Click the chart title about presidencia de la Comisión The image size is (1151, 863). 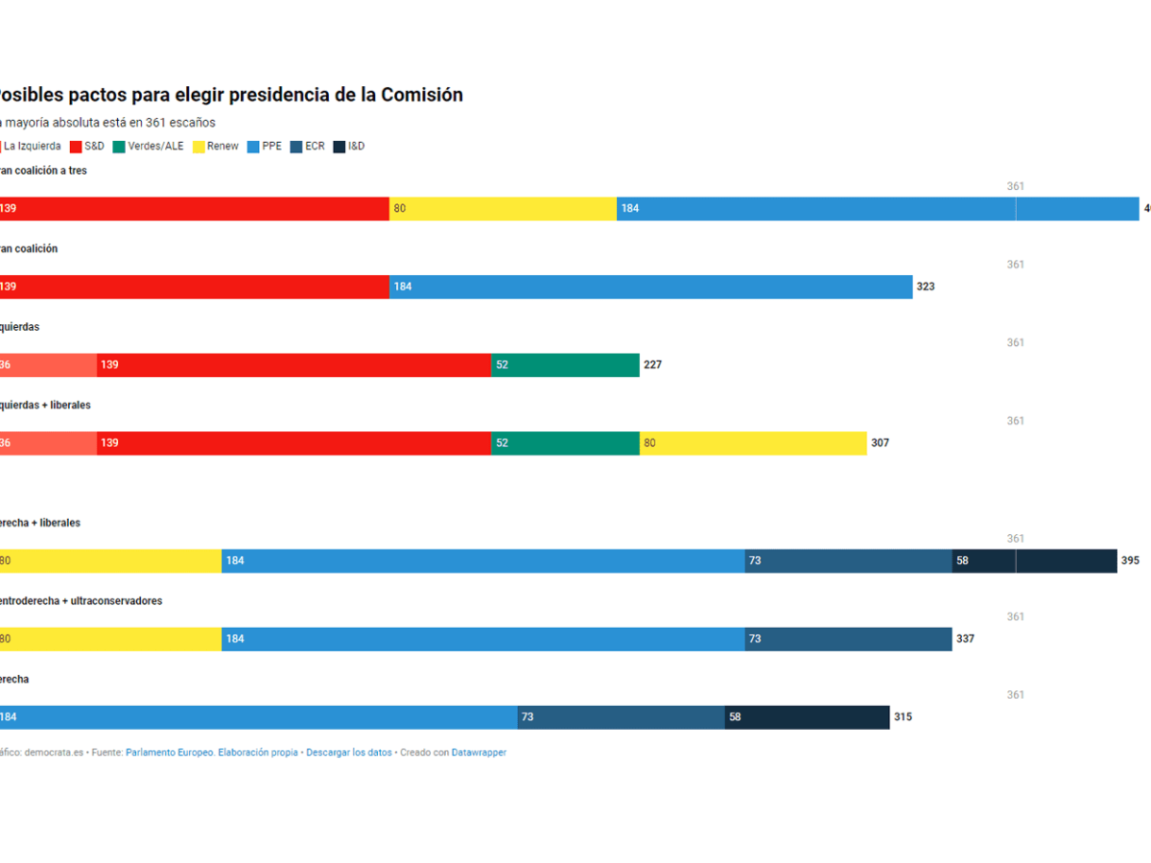click(230, 95)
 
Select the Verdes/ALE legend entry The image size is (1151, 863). click(149, 147)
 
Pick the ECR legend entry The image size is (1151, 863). click(307, 147)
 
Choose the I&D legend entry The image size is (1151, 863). click(349, 147)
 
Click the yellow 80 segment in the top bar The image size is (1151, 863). click(503, 209)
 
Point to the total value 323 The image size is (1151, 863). click(926, 287)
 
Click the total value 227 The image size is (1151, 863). click(652, 365)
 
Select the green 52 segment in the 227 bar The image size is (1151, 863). click(565, 365)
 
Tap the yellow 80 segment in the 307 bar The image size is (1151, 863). click(753, 443)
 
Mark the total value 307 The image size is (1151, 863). click(880, 443)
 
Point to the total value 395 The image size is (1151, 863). click(1130, 561)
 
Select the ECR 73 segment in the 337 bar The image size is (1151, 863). click(848, 639)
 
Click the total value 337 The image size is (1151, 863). click(965, 639)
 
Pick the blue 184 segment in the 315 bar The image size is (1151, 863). click(259, 717)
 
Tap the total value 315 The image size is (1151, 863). click(903, 717)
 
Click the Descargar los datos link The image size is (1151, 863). click(349, 753)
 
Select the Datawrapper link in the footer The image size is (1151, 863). click(479, 753)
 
